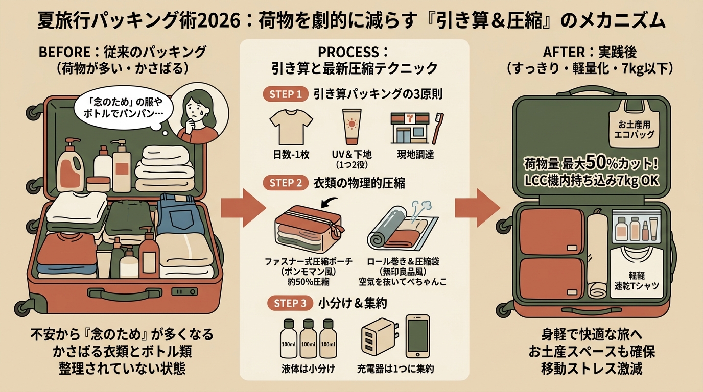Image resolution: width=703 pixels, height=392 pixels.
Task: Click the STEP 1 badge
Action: click(285, 94)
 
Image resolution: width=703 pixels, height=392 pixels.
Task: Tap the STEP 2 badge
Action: click(285, 183)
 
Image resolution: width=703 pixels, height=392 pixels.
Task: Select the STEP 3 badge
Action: click(290, 303)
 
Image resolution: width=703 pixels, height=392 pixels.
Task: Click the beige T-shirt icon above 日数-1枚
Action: click(291, 127)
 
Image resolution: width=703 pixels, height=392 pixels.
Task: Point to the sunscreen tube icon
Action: click(352, 127)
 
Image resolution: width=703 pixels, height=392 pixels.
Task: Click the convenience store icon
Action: click(410, 128)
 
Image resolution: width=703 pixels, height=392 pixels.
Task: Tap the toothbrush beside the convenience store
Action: click(438, 129)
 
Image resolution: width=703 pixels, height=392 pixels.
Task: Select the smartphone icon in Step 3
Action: click(418, 336)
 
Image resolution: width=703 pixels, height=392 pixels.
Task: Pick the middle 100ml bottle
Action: click(308, 339)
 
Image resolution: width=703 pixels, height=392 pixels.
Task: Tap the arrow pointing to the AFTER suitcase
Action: click(478, 208)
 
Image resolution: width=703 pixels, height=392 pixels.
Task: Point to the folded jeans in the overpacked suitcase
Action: click(179, 213)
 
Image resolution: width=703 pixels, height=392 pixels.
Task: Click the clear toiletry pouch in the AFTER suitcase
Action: click(636, 227)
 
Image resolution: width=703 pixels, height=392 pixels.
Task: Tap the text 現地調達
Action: click(415, 155)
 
